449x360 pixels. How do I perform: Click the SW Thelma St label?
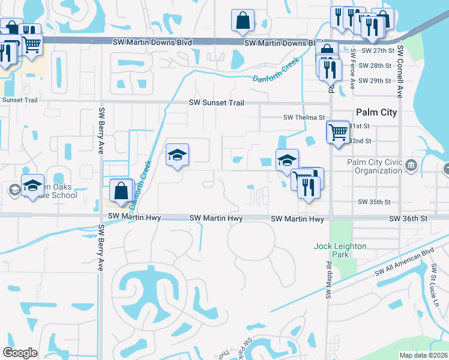(304, 118)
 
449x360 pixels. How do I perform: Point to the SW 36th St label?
(408, 219)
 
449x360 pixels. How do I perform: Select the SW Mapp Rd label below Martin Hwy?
(328, 283)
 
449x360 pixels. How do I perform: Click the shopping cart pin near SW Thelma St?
(338, 131)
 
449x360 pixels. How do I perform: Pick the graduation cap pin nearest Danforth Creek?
(177, 155)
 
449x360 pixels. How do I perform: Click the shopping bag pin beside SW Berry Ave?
(121, 190)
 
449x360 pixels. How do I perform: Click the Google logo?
(20, 352)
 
